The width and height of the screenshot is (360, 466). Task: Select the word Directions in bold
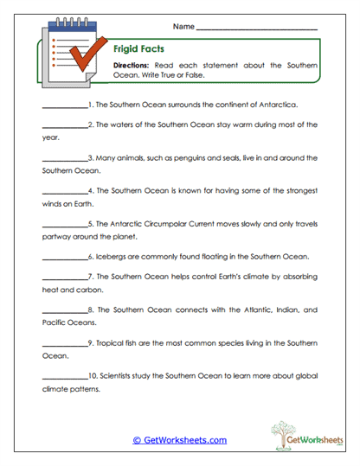[131, 65]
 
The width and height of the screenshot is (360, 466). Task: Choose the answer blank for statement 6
[64, 257]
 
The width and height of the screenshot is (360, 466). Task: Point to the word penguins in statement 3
[195, 157]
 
